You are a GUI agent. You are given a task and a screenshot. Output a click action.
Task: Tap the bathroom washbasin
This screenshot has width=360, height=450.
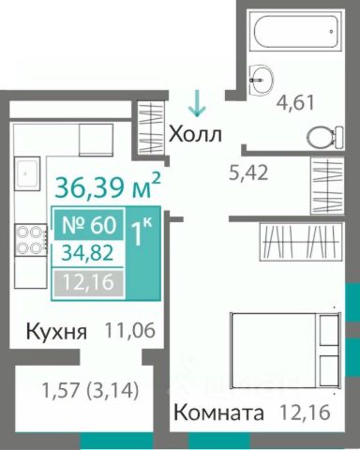tap(262, 79)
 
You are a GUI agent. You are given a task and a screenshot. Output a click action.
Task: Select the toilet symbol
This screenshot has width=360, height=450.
tap(324, 137)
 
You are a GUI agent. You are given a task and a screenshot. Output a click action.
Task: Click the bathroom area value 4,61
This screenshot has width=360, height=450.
tap(295, 103)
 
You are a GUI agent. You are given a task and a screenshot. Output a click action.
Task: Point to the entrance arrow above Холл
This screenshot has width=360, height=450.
tap(197, 103)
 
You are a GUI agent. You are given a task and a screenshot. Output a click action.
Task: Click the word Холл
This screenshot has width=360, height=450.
tap(196, 134)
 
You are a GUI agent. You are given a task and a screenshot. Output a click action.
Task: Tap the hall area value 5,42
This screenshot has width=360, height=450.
tap(248, 172)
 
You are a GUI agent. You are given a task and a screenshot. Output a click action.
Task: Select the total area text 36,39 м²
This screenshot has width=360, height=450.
tap(108, 187)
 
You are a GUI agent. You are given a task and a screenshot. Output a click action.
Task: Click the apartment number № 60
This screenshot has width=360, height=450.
tap(89, 225)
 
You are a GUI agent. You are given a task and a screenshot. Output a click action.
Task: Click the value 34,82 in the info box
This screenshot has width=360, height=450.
tap(87, 253)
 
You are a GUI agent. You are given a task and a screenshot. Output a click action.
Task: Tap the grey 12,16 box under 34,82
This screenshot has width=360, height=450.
tap(88, 283)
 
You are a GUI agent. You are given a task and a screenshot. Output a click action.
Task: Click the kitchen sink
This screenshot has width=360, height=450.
tap(27, 172)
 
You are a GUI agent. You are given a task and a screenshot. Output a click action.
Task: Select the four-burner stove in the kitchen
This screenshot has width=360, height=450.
tap(31, 240)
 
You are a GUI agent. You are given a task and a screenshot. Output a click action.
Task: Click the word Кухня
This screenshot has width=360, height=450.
tap(56, 332)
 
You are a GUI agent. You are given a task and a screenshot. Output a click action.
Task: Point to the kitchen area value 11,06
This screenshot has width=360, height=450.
tap(130, 330)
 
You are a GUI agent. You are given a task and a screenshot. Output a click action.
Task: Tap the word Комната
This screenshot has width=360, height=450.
tap(218, 412)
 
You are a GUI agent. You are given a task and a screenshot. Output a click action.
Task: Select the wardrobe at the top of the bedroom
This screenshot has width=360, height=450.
tap(301, 241)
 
